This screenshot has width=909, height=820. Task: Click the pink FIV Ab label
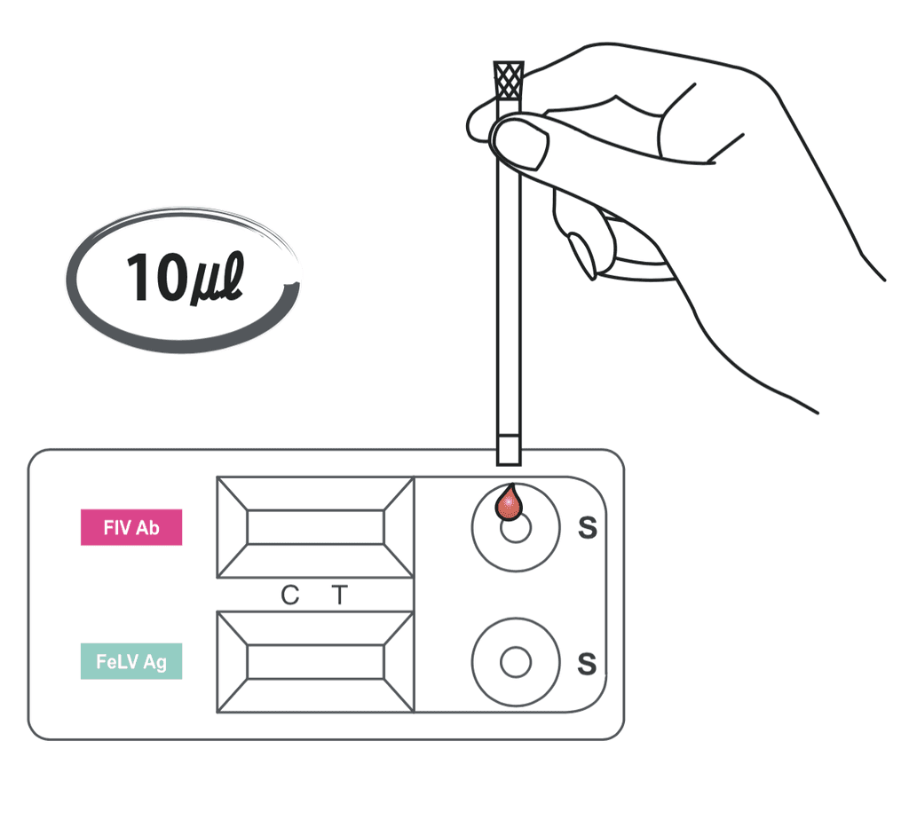pyautogui.click(x=131, y=527)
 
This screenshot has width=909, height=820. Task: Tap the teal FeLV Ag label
pyautogui.click(x=131, y=660)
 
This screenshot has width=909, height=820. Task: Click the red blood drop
pyautogui.click(x=509, y=502)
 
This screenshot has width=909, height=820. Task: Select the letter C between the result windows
pyautogui.click(x=290, y=595)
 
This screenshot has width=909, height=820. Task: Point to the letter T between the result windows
pyautogui.click(x=340, y=595)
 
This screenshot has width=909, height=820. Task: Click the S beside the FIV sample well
pyautogui.click(x=588, y=527)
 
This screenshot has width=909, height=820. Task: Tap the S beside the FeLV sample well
pyautogui.click(x=587, y=664)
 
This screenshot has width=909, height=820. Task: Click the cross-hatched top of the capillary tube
pyautogui.click(x=509, y=80)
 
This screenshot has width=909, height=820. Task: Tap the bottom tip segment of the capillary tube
pyautogui.click(x=509, y=450)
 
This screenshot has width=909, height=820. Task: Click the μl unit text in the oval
pyautogui.click(x=217, y=278)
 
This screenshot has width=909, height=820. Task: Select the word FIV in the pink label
pyautogui.click(x=116, y=527)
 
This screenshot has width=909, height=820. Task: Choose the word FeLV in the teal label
pyautogui.click(x=118, y=661)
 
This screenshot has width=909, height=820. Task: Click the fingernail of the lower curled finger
pyautogui.click(x=582, y=255)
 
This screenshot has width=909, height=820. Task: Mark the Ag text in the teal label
pyautogui.click(x=154, y=662)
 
